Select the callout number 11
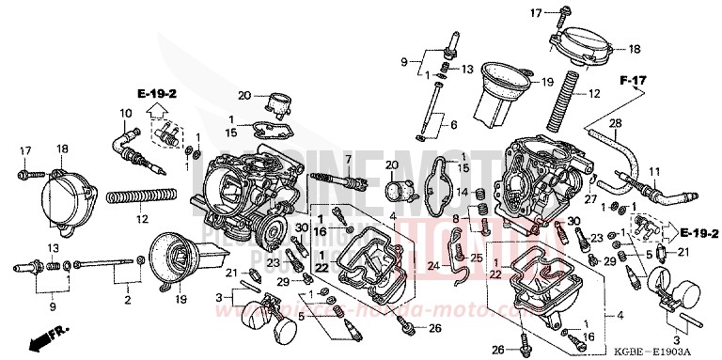point(655,170)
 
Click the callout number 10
point(124,115)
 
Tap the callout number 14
point(461,194)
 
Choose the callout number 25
point(477,258)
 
